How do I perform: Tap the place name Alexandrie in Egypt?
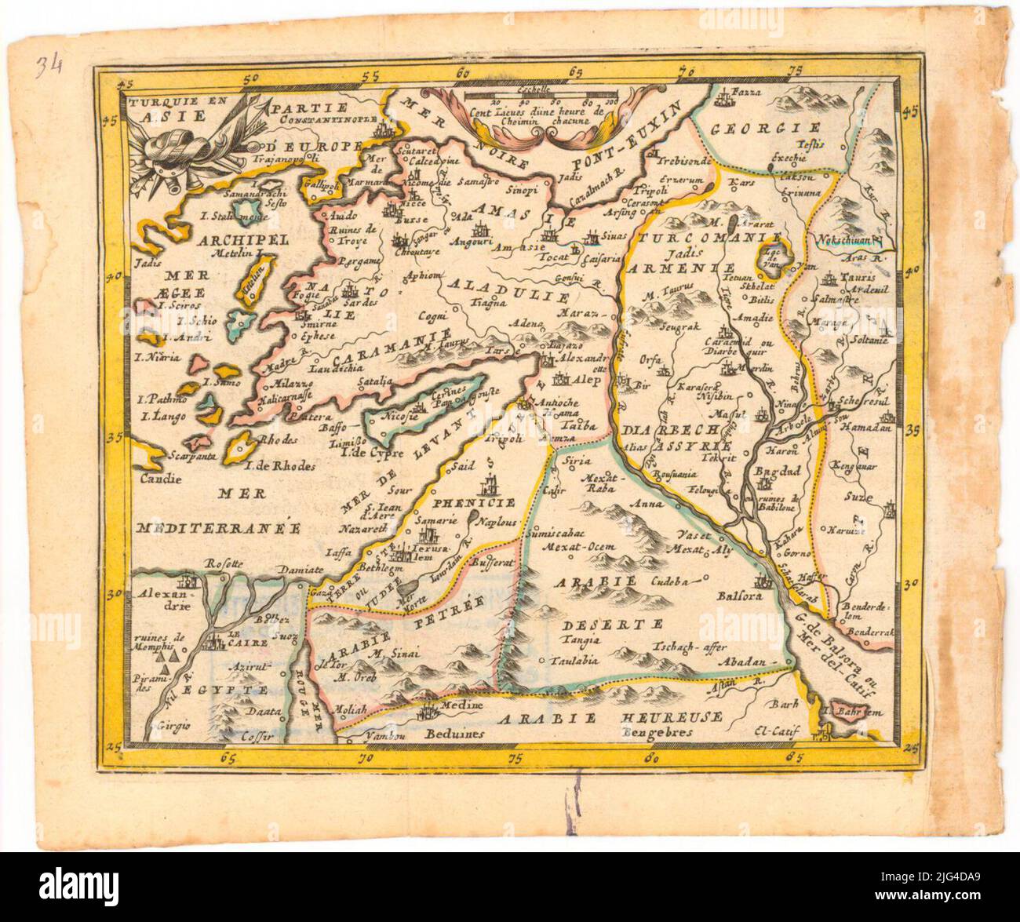pos(166,600)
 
